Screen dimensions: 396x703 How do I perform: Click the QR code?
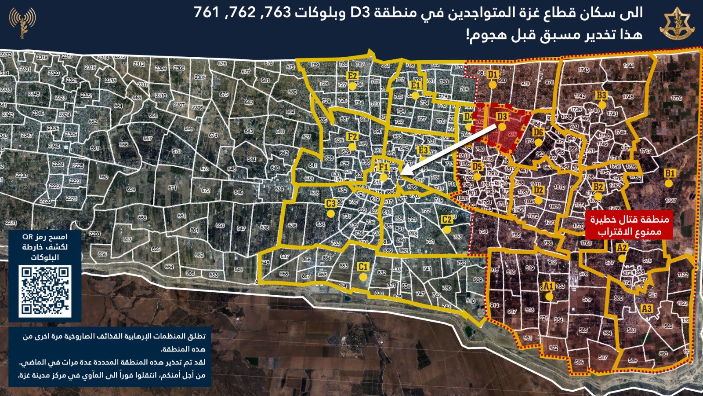tap(45, 291)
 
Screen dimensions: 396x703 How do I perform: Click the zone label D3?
tap(502, 117)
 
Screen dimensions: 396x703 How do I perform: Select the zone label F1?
tap(383, 168)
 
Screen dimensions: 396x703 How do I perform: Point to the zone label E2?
tap(352, 76)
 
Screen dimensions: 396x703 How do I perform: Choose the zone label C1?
tap(362, 267)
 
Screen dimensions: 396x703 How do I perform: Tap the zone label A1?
tap(548, 286)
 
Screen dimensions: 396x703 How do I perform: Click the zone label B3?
tap(601, 95)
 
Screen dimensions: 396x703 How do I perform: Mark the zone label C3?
tap(331, 204)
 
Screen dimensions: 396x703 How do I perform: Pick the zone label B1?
tap(669, 173)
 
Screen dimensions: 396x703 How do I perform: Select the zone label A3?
tap(646, 309)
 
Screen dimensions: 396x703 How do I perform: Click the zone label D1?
tap(492, 74)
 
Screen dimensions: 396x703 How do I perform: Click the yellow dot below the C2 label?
tap(447, 230)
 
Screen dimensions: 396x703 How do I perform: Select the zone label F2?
tap(352, 137)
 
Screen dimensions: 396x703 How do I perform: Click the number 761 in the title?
tap(206, 13)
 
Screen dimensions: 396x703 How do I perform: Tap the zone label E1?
tap(415, 85)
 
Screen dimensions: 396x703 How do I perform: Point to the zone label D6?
tap(538, 132)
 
